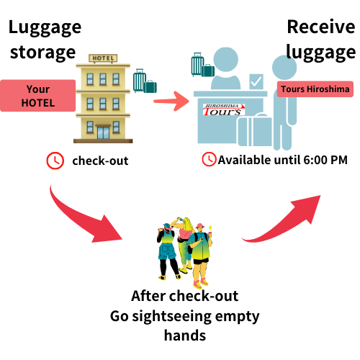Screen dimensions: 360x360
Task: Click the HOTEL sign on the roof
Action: click(102, 58)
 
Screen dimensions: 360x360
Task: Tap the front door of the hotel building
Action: click(103, 131)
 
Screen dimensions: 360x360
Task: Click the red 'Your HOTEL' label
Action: click(38, 96)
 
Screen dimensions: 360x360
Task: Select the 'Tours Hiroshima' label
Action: click(315, 89)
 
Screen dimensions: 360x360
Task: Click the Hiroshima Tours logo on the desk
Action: click(224, 109)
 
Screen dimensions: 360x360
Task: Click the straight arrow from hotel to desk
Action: click(171, 101)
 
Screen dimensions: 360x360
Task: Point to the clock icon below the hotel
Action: click(55, 161)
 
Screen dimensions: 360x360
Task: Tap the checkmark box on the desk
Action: click(256, 81)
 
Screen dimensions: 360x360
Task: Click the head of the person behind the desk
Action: click(225, 60)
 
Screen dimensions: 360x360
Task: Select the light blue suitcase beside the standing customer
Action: click(254, 131)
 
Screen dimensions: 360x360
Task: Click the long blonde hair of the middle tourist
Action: click(186, 228)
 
